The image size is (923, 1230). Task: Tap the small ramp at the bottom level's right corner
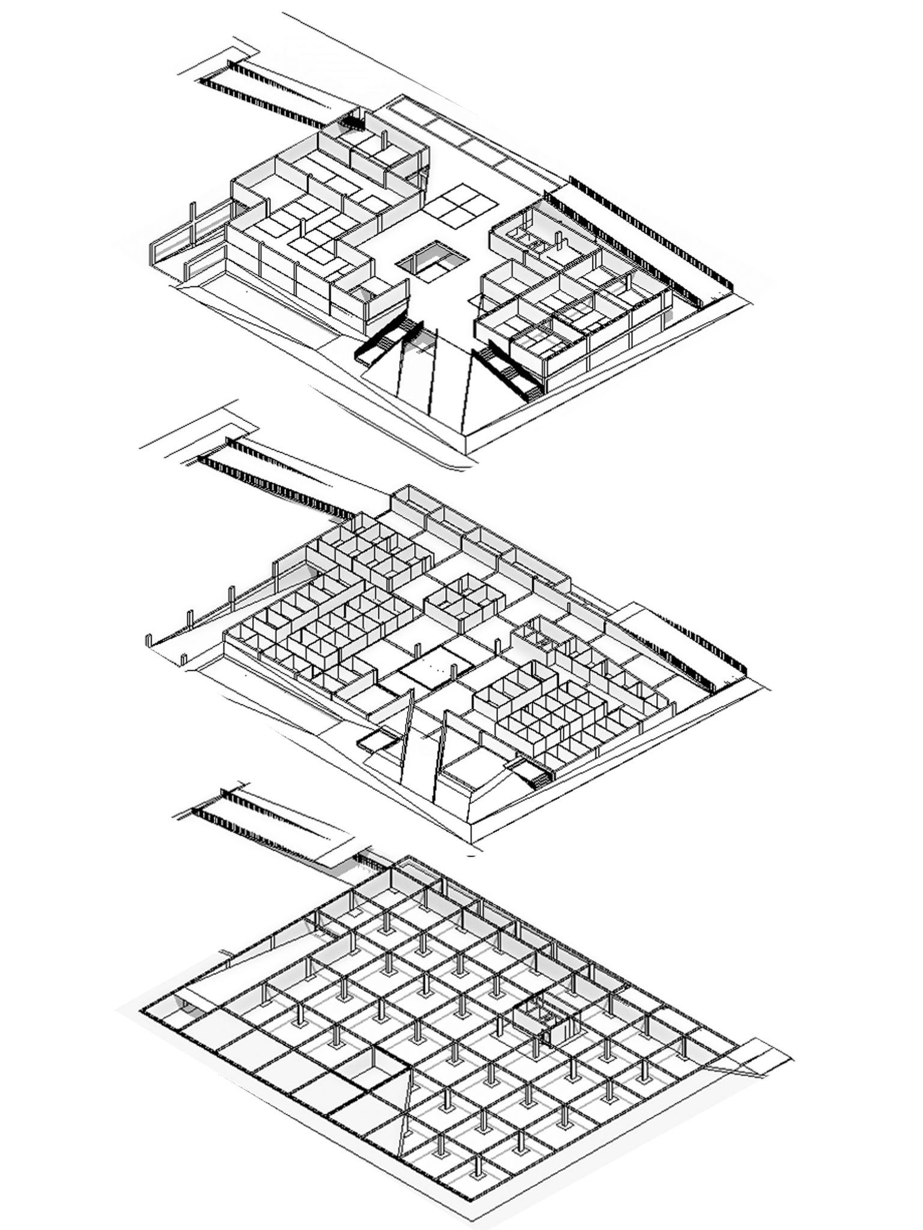point(751,1054)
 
